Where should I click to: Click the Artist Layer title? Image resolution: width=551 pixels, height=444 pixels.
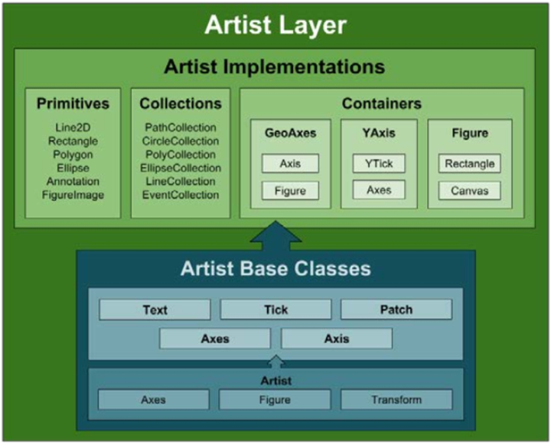tap(275, 25)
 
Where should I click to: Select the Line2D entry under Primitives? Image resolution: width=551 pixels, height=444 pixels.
tap(73, 128)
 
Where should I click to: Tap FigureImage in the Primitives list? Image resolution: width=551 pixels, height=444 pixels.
tap(73, 195)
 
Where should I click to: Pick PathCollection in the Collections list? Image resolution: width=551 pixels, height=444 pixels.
tap(181, 128)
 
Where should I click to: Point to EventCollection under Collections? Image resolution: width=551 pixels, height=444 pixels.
tap(181, 195)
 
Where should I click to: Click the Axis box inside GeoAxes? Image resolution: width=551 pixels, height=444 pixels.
tap(290, 164)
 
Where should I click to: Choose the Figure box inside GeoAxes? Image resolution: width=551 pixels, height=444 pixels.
tap(290, 190)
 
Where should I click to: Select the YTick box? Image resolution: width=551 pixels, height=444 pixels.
tap(379, 164)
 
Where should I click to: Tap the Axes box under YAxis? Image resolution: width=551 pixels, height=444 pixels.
tap(379, 190)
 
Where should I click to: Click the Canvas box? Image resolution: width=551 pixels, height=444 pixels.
tap(469, 190)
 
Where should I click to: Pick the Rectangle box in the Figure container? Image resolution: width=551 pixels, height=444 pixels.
tap(469, 164)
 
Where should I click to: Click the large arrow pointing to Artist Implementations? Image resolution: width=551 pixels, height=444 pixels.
tap(275, 236)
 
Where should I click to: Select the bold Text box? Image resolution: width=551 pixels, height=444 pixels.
tap(155, 310)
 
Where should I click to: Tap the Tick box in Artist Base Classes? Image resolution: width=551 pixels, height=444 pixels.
tap(275, 310)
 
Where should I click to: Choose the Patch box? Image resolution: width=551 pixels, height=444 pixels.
tap(396, 310)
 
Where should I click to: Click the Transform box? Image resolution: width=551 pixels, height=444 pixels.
tap(396, 400)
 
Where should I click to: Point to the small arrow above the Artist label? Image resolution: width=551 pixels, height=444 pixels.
tap(276, 361)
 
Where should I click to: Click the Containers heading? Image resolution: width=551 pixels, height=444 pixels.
tap(382, 103)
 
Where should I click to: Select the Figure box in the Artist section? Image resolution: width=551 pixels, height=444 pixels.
tap(275, 400)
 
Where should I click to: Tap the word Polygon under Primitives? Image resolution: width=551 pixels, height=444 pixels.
tap(73, 155)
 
